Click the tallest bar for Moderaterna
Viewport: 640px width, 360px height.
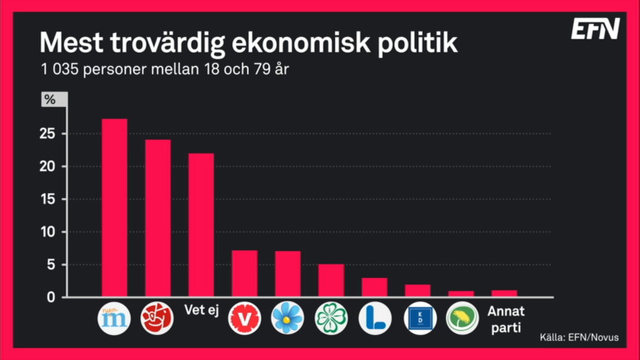click(x=114, y=207)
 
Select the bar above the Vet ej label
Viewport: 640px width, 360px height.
click(x=201, y=225)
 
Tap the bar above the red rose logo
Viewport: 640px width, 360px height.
click(x=157, y=218)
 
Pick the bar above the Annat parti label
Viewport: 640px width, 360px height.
click(x=504, y=293)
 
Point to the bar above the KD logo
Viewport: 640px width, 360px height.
click(x=417, y=290)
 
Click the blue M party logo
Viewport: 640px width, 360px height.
click(x=114, y=318)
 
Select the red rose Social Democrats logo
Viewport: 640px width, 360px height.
click(x=157, y=318)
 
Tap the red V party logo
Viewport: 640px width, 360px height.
click(x=244, y=318)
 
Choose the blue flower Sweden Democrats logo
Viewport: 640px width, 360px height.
click(x=287, y=318)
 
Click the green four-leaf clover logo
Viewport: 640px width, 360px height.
click(x=331, y=318)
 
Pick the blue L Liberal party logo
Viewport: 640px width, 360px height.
click(x=374, y=318)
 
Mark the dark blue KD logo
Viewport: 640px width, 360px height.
click(x=419, y=318)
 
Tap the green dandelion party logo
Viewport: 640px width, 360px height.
click(x=462, y=318)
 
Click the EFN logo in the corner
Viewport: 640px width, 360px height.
click(x=595, y=29)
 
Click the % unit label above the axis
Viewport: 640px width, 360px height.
click(x=50, y=99)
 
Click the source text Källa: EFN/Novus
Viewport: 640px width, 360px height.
click(x=579, y=337)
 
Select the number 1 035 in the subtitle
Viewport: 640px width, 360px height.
click(x=59, y=69)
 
